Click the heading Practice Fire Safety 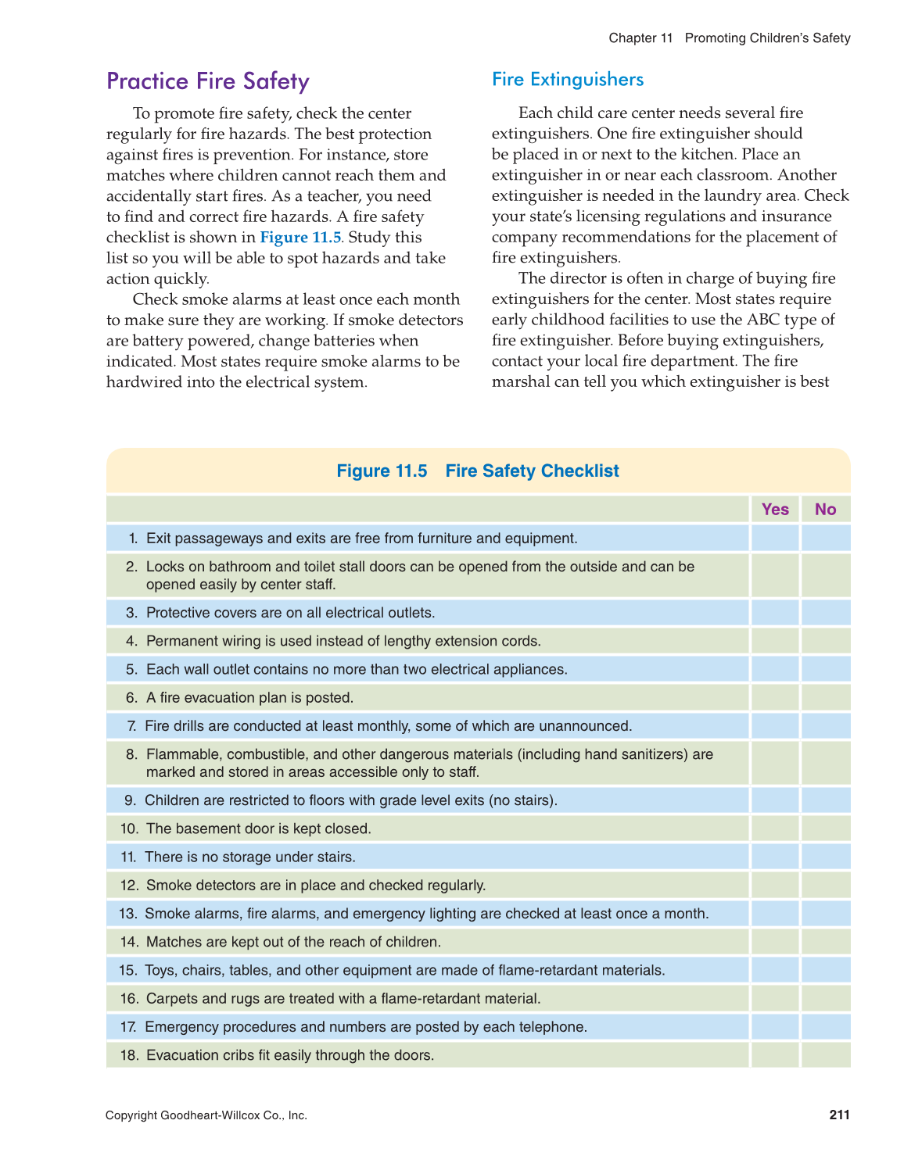207,81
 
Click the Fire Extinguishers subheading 567,79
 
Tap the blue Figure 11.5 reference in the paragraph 300,237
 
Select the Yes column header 775,510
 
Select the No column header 825,510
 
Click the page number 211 839,1115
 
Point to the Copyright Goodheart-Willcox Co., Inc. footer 206,1115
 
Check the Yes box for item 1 775,539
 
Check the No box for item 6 825,698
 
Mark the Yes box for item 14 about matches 775,942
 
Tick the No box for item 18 825,1055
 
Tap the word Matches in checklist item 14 170,942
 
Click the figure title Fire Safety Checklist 532,471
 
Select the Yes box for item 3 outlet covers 775,613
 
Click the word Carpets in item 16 171,998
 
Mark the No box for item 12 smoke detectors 825,886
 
